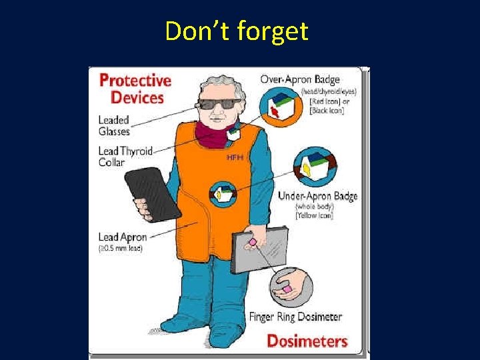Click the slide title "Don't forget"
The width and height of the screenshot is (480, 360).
point(237,31)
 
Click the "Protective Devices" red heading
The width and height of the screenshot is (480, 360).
point(134,89)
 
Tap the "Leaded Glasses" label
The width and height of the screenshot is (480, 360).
point(114,126)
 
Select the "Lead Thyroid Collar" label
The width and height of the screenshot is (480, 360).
point(125,157)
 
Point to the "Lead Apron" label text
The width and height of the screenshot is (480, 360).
point(122,237)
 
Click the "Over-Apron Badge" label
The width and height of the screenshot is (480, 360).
point(299,79)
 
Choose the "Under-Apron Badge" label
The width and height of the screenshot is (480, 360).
point(317,196)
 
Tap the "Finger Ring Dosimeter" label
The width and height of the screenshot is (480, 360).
point(295,317)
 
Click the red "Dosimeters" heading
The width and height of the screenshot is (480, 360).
point(307,341)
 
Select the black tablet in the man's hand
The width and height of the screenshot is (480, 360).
point(152,195)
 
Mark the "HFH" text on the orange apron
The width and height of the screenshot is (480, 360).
point(234,157)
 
